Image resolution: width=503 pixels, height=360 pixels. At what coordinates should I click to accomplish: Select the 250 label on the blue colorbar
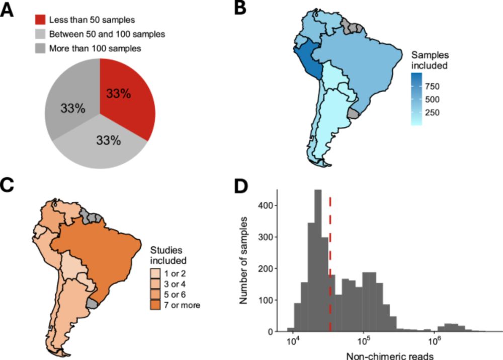coord(433,112)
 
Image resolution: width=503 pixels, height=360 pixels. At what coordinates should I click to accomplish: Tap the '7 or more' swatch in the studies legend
coord(156,305)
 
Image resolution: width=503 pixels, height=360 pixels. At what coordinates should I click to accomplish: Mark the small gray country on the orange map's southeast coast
coord(94,303)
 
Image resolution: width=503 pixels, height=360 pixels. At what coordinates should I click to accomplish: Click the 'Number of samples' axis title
coord(244,260)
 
